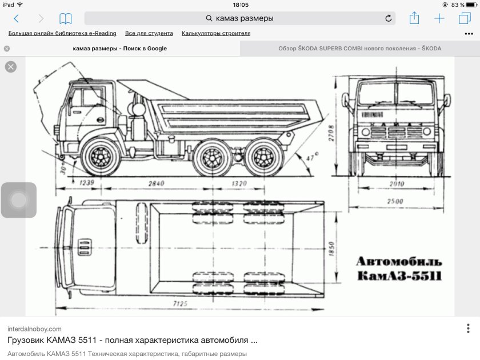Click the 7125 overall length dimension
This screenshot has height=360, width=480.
pyautogui.click(x=180, y=303)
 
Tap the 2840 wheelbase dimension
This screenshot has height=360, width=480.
pyautogui.click(x=157, y=183)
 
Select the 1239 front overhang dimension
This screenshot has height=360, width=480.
pyautogui.click(x=87, y=183)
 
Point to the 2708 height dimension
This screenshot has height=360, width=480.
pyautogui.click(x=331, y=133)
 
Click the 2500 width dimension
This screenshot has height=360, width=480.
pyautogui.click(x=395, y=201)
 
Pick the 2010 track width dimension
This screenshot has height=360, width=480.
pyautogui.click(x=397, y=183)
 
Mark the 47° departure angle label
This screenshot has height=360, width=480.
pyautogui.click(x=312, y=157)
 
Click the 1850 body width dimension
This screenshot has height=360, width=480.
pyautogui.click(x=331, y=249)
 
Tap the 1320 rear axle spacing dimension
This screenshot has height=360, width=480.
pyautogui.click(x=239, y=183)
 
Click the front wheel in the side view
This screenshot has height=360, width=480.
pyautogui.click(x=101, y=157)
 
